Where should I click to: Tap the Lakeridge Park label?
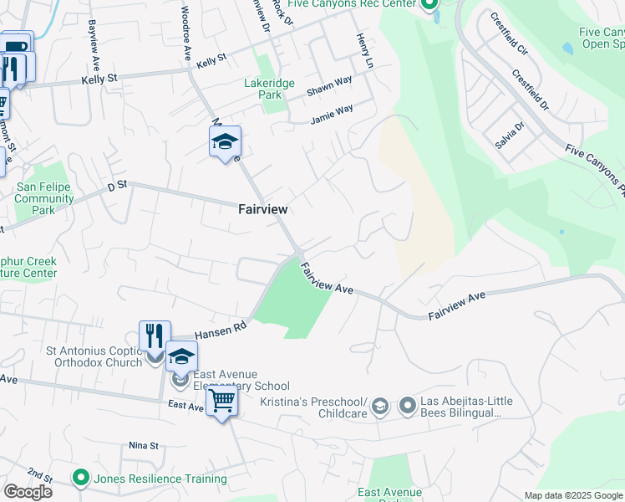click(x=263, y=90)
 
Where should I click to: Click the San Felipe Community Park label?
click(x=44, y=198)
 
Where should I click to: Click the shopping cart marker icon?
click(x=221, y=402)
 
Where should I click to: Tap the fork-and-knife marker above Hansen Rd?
click(x=155, y=336)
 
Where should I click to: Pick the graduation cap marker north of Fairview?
click(x=225, y=141)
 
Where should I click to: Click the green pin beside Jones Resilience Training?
click(x=81, y=479)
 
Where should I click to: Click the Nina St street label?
click(x=144, y=445)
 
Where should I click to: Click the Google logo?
click(x=28, y=492)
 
